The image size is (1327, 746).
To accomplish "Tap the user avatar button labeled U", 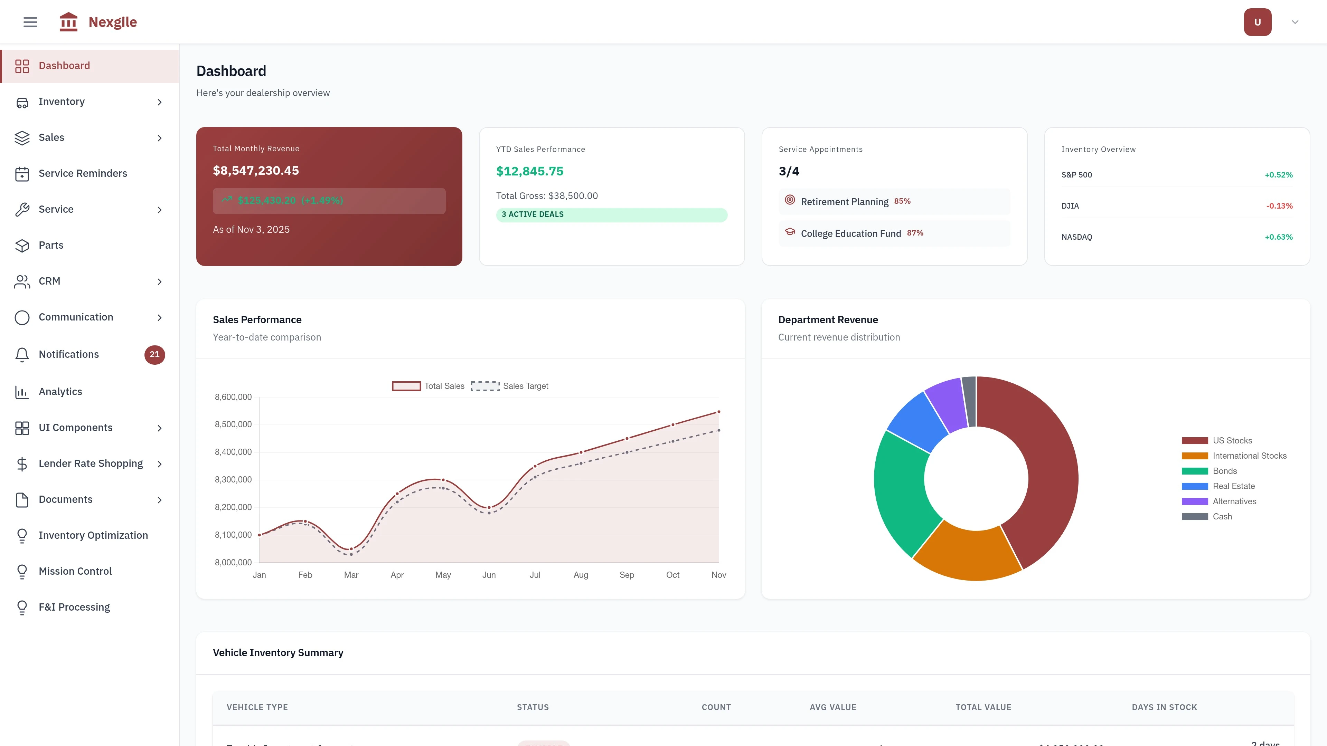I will (x=1257, y=22).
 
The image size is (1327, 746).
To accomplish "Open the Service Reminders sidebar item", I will (x=83, y=173).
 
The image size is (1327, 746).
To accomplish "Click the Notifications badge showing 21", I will (x=154, y=354).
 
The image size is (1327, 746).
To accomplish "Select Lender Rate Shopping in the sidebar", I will (x=91, y=463).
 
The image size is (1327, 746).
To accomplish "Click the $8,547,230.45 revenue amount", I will (x=255, y=170).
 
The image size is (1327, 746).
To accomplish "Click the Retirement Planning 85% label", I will (x=855, y=201).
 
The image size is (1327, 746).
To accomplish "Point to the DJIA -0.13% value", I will (x=1279, y=206).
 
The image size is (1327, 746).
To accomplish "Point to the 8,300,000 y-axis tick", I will (x=233, y=479).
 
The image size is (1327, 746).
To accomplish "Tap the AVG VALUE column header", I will (x=832, y=707).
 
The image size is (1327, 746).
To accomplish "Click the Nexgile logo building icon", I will (x=68, y=22).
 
